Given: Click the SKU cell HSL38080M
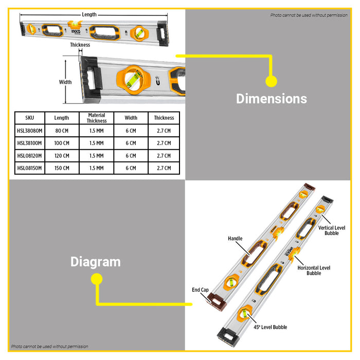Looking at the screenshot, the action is tap(30, 131).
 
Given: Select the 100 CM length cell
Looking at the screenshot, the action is tap(62, 143).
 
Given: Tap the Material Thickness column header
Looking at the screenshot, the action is tap(97, 118).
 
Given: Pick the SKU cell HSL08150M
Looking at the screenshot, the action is tap(30, 168).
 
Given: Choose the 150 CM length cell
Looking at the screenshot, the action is tap(62, 168).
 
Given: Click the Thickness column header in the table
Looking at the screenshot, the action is tap(164, 118).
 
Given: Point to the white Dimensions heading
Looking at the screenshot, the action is tap(272, 99).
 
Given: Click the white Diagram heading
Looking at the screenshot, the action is tap(96, 262).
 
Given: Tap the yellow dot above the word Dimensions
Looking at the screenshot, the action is tap(271, 81).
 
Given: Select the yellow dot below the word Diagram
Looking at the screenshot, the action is tap(97, 279).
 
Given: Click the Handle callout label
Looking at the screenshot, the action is tap(235, 239).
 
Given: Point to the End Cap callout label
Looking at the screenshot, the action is tap(200, 290).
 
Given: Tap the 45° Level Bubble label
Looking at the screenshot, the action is tap(270, 327).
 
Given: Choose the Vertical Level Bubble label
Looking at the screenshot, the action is tap(332, 230).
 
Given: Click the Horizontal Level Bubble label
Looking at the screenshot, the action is tap(314, 271).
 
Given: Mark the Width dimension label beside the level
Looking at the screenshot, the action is tap(65, 82).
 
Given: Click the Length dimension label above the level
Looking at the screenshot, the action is tap(89, 14).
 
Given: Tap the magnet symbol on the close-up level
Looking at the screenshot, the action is tap(158, 81).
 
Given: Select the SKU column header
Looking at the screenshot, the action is tap(30, 118).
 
